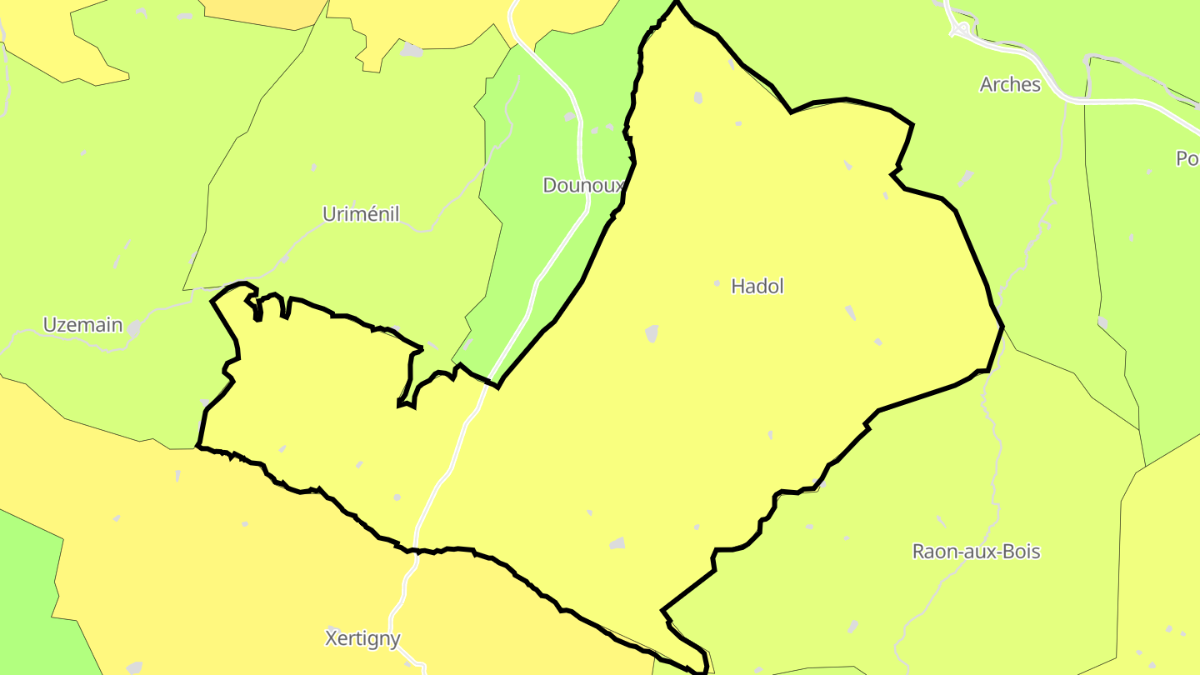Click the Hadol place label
(x=757, y=287)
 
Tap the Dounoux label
(x=582, y=185)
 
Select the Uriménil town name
(x=361, y=215)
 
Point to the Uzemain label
(x=82, y=325)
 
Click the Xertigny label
(x=362, y=639)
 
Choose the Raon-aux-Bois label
(x=976, y=552)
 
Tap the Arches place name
(x=1010, y=84)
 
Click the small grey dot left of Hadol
(x=717, y=284)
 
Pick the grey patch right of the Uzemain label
(x=133, y=330)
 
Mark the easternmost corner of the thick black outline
(x=1002, y=326)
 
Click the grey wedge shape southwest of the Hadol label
(x=652, y=333)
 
